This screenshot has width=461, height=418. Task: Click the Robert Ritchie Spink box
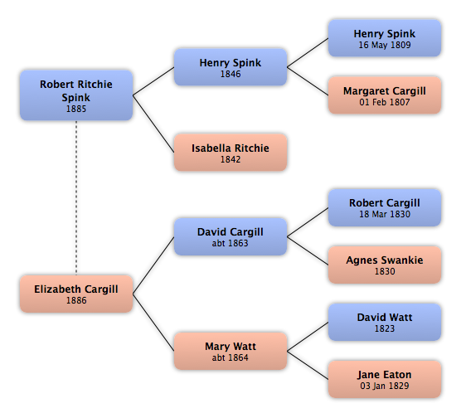coord(76,95)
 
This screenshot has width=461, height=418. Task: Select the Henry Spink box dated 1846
coord(230,67)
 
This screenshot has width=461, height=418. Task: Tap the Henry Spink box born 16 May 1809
coord(385,38)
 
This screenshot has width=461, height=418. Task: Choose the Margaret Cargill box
coord(385,95)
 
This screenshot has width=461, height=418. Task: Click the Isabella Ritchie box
coord(230,153)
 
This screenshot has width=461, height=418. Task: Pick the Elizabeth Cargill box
coord(76,294)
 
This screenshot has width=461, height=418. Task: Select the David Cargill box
coord(230,236)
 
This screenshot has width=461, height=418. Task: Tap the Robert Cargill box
coord(385,207)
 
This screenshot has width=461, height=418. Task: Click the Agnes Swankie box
coord(385,265)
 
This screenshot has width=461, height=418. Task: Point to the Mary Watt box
coord(230,351)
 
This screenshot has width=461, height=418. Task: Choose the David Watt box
coord(385,322)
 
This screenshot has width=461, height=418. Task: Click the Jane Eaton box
coord(385,380)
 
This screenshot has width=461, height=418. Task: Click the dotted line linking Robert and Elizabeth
coord(76,197)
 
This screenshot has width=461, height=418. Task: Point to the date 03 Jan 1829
coord(385,386)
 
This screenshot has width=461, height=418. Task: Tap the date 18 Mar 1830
coord(385,214)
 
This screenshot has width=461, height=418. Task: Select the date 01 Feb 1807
coord(385,102)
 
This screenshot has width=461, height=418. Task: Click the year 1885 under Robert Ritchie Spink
coord(76,109)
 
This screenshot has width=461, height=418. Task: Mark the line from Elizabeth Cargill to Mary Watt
coord(153,322)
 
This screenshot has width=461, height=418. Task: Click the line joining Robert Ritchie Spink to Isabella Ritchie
coord(153,124)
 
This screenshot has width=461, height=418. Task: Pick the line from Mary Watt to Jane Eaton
coord(308,366)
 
